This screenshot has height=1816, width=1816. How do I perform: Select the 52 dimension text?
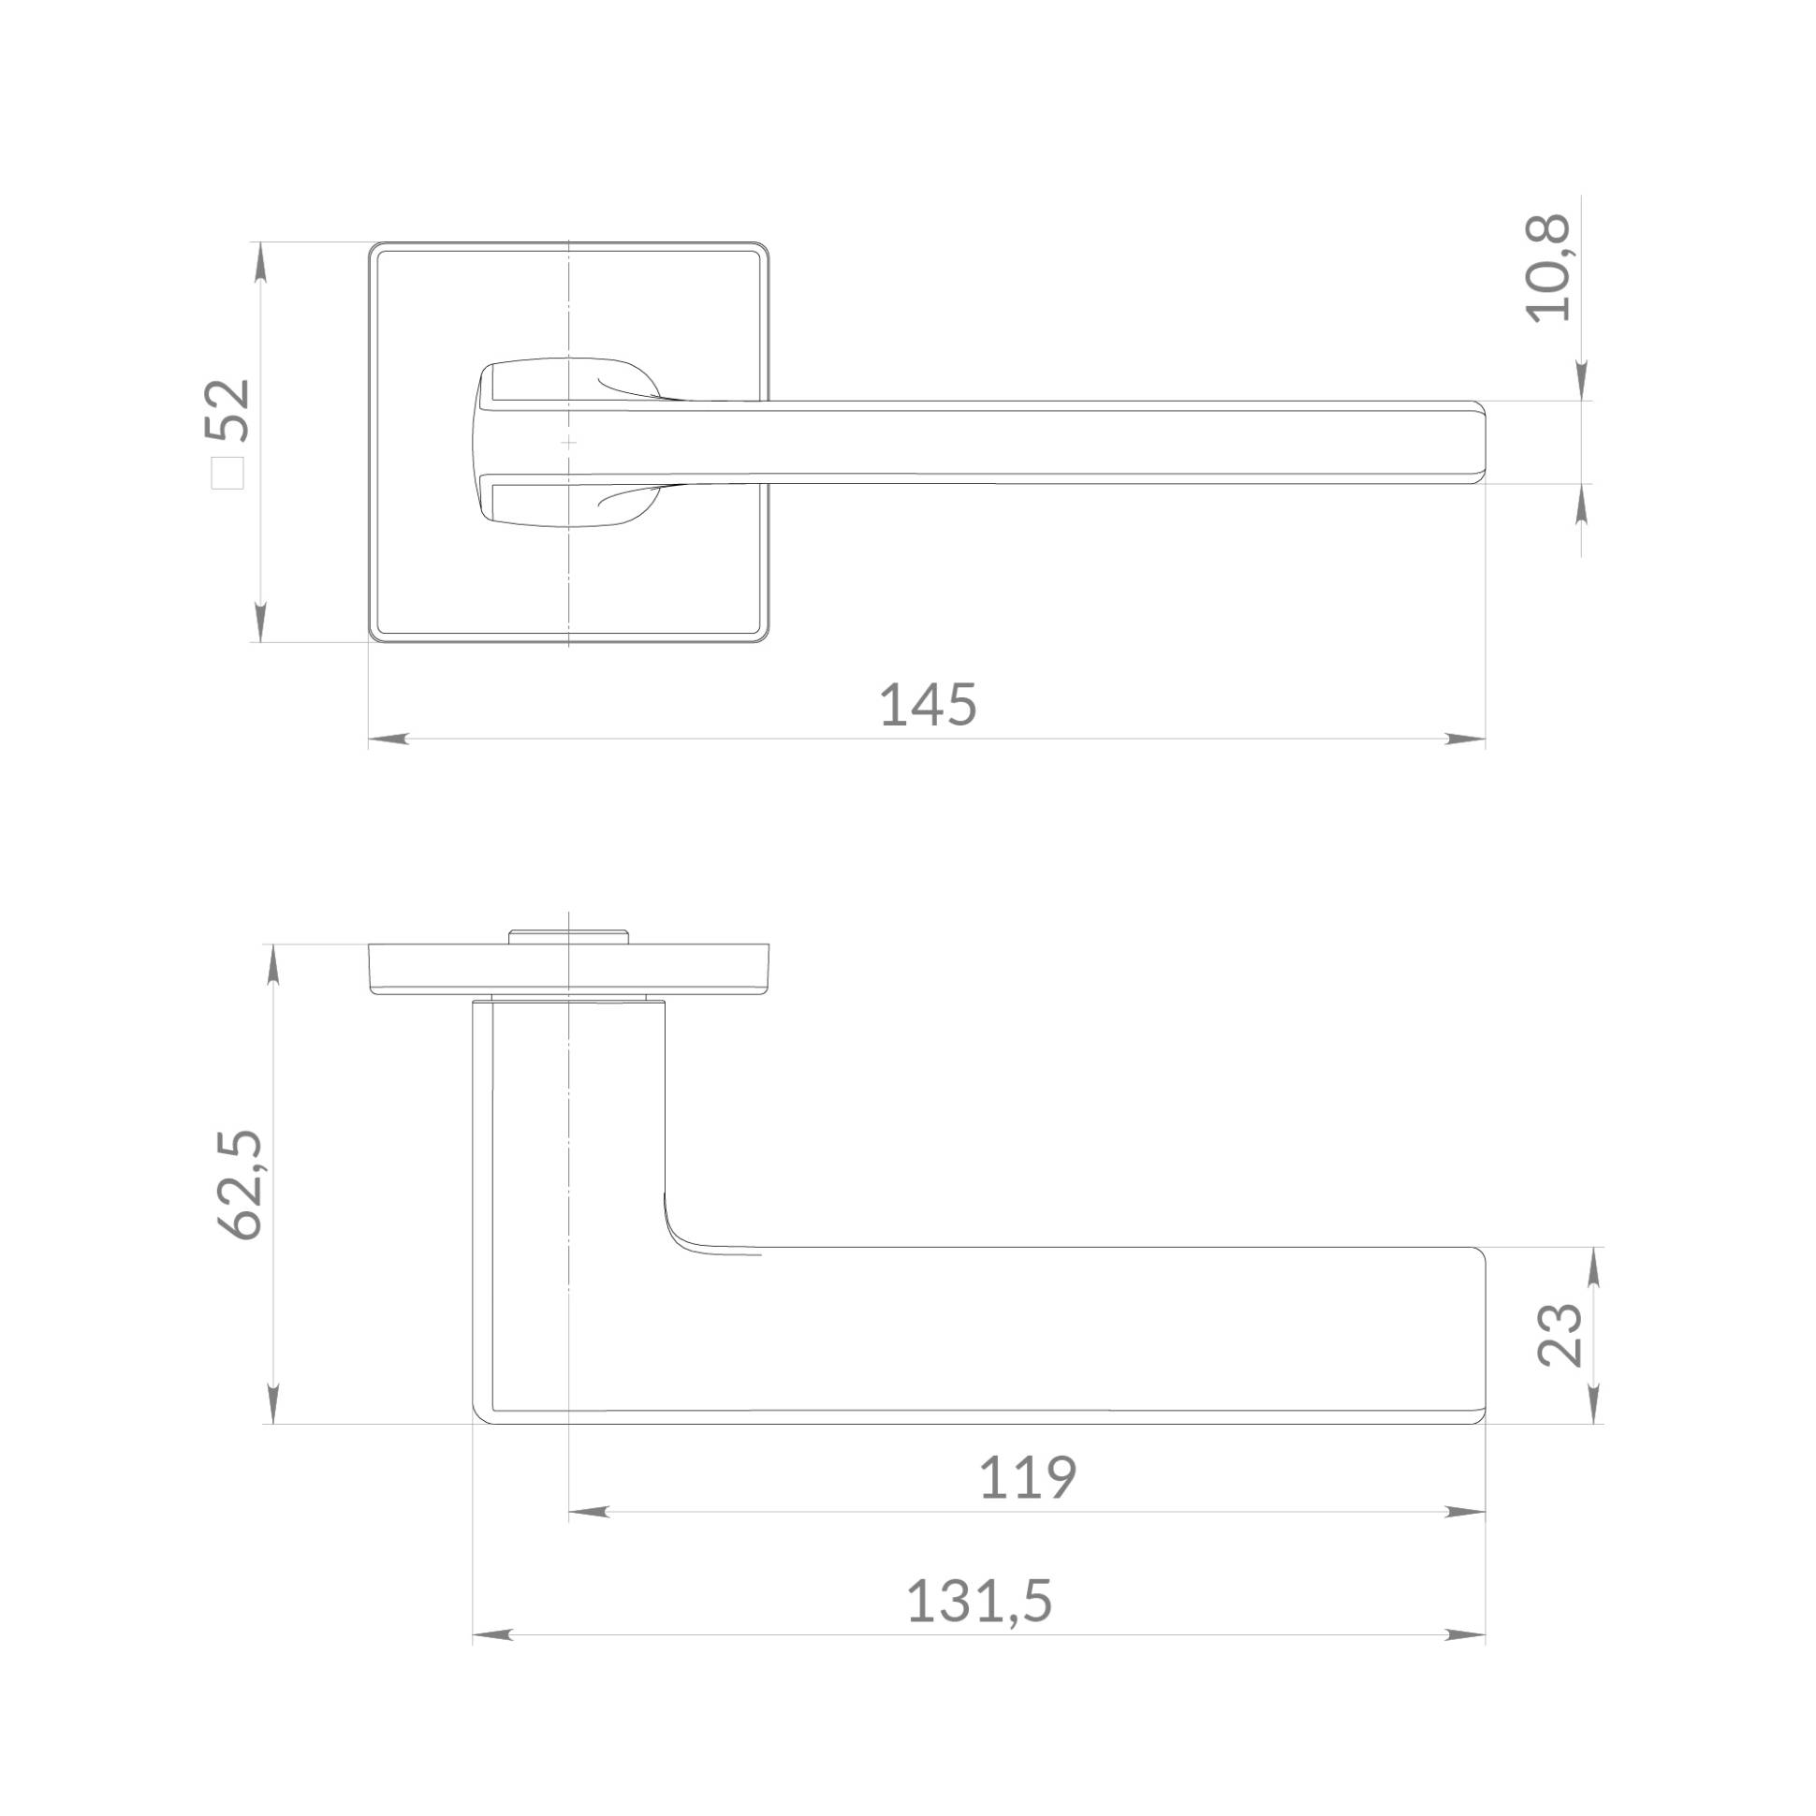(x=228, y=410)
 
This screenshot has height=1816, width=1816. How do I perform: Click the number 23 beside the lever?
(x=1560, y=1335)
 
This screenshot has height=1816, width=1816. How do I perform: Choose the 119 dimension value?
(x=1028, y=1478)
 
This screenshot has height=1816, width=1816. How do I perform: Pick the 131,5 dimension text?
(x=978, y=1602)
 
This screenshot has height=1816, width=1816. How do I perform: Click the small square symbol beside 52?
(x=227, y=473)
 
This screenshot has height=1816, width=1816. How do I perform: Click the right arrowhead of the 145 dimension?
(x=1465, y=739)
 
